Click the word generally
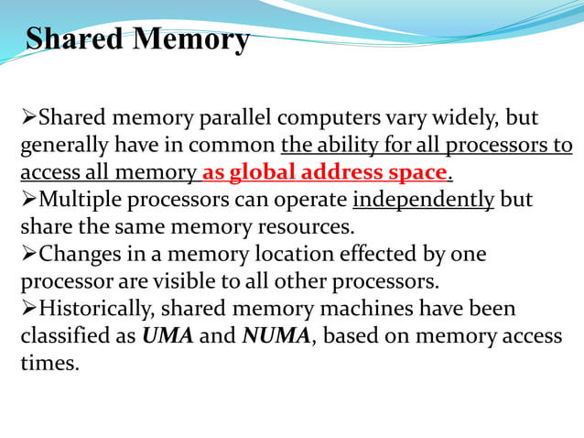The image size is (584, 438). coord(61,146)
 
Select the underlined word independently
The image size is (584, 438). coord(423,200)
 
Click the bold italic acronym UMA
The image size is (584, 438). coord(168,335)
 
